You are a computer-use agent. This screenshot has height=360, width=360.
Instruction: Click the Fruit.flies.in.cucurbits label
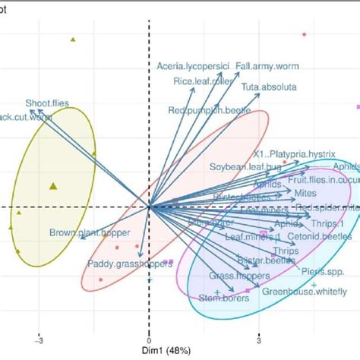(x=323, y=180)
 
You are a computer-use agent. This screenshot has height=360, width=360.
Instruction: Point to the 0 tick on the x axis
(x=149, y=342)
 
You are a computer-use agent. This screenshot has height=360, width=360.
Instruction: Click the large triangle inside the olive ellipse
(x=52, y=185)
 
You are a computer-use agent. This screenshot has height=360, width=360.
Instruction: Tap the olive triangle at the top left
(x=73, y=39)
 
